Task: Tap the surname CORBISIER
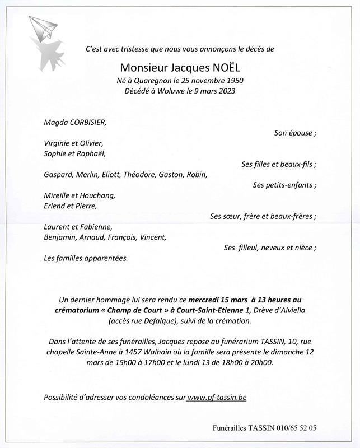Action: coord(85,122)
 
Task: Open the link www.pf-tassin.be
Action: coord(217,397)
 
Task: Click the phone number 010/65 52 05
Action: coord(296,427)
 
